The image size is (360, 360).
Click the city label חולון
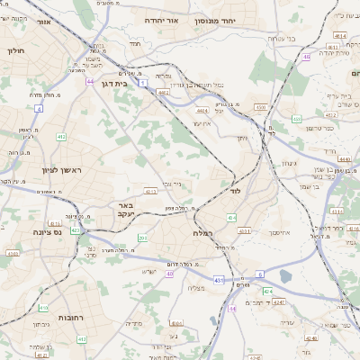(x=16, y=51)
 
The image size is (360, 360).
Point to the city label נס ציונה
(x=44, y=232)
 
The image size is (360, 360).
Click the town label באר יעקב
(x=125, y=210)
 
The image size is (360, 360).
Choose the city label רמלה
(x=202, y=232)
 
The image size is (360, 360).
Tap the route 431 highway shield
(x=220, y=280)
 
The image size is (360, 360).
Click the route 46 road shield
(x=306, y=57)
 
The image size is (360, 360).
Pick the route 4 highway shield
(x=39, y=108)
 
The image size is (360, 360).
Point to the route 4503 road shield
(x=261, y=107)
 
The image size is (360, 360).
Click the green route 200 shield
(x=142, y=238)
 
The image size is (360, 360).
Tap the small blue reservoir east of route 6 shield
(x=286, y=276)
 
